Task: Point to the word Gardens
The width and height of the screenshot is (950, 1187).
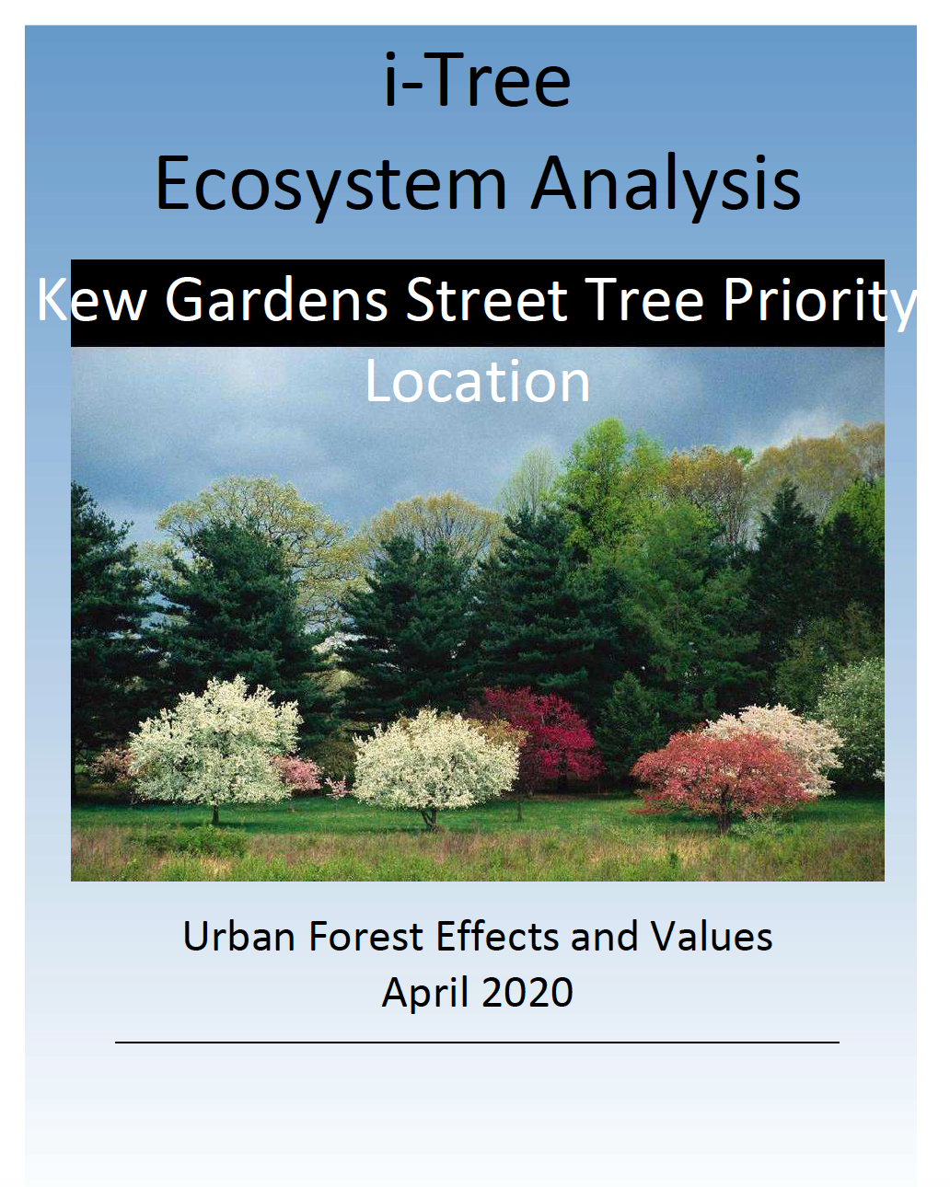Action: pyautogui.click(x=276, y=299)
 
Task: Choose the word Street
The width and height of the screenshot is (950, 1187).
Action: pyautogui.click(x=486, y=299)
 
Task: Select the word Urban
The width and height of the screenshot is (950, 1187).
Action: pyautogui.click(x=238, y=936)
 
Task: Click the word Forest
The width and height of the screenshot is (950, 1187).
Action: pyautogui.click(x=366, y=936)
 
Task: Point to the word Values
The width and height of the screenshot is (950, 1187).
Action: pyautogui.click(x=711, y=936)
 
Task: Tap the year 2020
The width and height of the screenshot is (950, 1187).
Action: pyautogui.click(x=527, y=992)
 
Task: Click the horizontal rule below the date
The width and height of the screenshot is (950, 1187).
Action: pyautogui.click(x=477, y=1042)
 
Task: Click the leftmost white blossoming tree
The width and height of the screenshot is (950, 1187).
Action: pyautogui.click(x=214, y=742)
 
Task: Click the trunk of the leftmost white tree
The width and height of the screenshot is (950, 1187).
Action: pyautogui.click(x=215, y=812)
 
